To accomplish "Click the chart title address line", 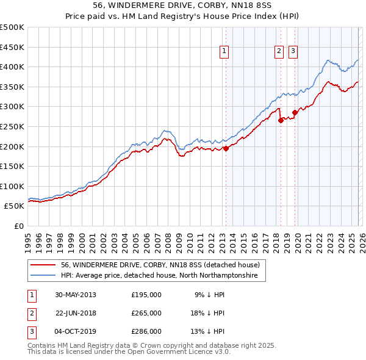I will (x=182, y=5).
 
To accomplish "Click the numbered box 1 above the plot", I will (x=225, y=52).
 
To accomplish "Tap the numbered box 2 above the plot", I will (x=279, y=52).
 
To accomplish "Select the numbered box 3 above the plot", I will (x=293, y=52).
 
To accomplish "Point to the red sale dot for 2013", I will (x=226, y=148).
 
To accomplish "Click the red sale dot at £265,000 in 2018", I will (x=281, y=120).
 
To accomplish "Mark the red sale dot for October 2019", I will (x=295, y=112).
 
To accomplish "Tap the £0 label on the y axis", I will (x=19, y=226).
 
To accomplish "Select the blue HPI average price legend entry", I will (x=159, y=276).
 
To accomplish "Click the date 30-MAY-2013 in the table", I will (x=75, y=294).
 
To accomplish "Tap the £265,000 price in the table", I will (x=146, y=312).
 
